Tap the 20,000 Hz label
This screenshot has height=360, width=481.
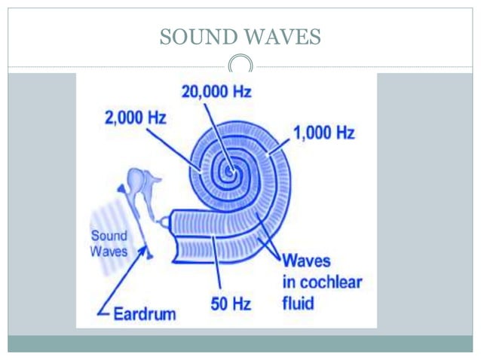pyautogui.click(x=216, y=93)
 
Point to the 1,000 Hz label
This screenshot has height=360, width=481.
pyautogui.click(x=323, y=134)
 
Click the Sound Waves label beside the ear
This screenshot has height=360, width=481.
pyautogui.click(x=109, y=243)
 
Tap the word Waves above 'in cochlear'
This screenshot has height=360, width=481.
pyautogui.click(x=306, y=262)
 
